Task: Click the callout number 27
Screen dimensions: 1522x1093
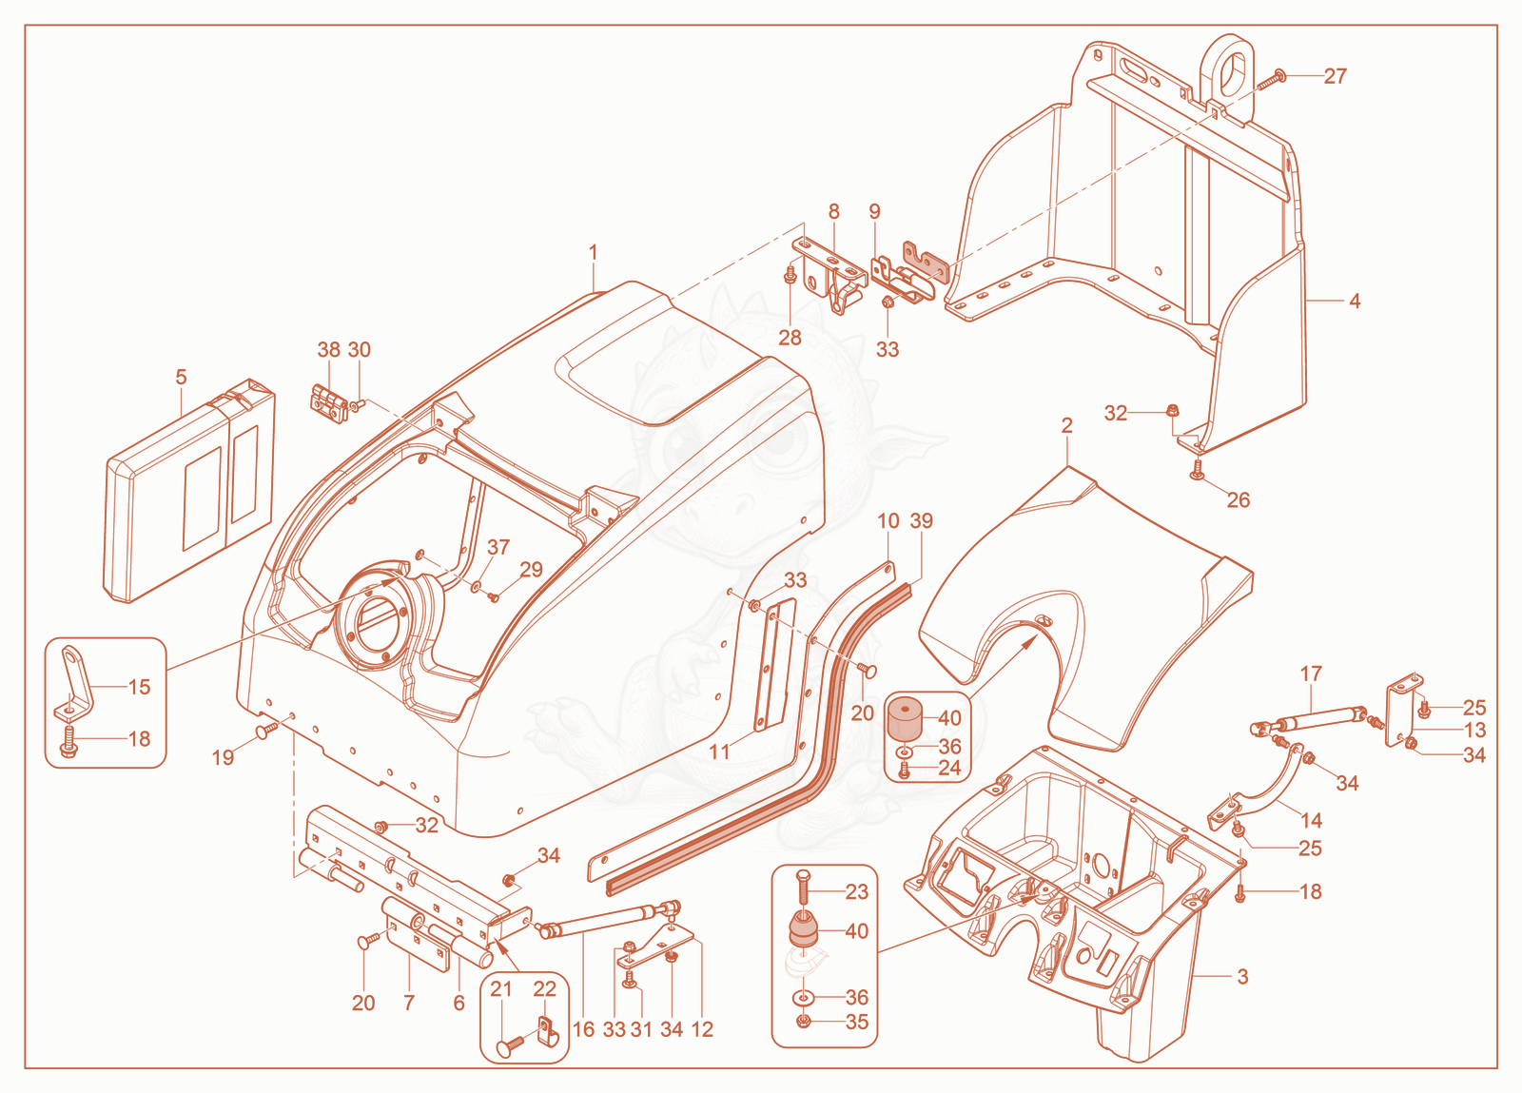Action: click(1336, 76)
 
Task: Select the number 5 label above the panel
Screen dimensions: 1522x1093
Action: click(181, 377)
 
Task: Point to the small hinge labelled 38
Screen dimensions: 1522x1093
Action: click(328, 404)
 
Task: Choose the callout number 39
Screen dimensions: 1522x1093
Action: click(922, 521)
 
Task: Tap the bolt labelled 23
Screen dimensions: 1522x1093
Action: click(803, 889)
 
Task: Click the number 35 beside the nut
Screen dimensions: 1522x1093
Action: click(857, 1022)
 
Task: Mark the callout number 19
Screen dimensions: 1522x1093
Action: click(223, 757)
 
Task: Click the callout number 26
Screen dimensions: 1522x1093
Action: click(1238, 500)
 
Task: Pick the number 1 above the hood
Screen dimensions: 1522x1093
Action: click(593, 253)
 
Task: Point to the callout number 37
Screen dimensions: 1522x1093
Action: click(498, 547)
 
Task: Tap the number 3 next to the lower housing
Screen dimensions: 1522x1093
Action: click(1242, 977)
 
